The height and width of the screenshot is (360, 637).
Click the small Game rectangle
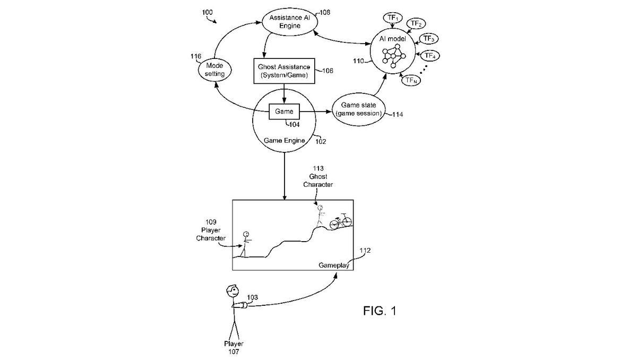tap(285, 112)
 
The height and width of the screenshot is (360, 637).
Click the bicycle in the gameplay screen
tap(341, 221)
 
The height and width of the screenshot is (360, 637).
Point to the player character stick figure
tap(246, 243)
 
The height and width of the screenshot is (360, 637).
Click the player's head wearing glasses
tap(230, 291)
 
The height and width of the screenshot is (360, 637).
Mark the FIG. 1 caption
tap(380, 311)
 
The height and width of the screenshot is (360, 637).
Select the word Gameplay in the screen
tap(333, 265)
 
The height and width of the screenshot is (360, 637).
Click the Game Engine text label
tap(285, 141)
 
